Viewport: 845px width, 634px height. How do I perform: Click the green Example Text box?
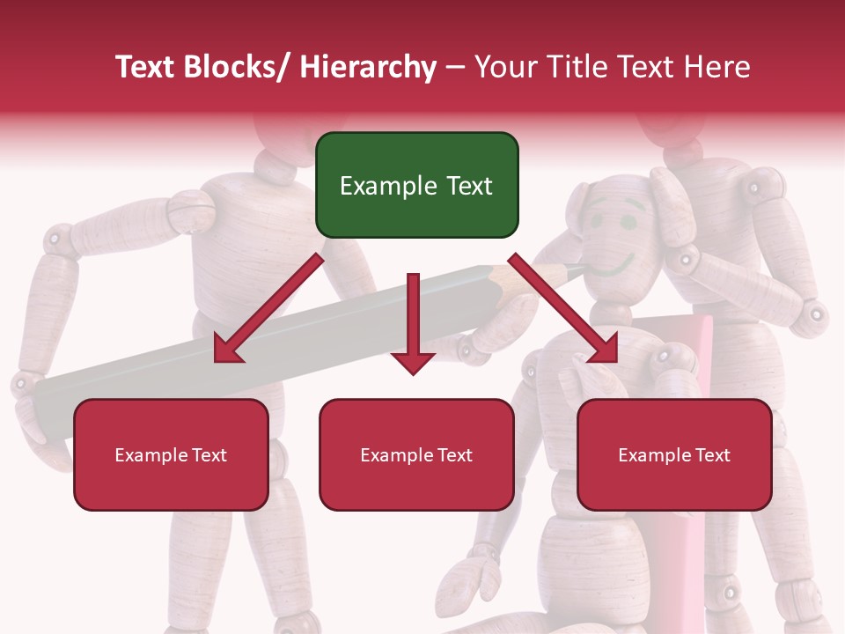(416, 185)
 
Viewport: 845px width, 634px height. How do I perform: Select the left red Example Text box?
(171, 454)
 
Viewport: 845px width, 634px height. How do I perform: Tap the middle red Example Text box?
(416, 454)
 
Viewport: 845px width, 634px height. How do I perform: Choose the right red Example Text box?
(674, 454)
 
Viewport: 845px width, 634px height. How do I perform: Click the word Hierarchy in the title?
(368, 68)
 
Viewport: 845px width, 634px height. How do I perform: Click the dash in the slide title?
(455, 68)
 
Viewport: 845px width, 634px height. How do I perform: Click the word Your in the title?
(504, 68)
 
